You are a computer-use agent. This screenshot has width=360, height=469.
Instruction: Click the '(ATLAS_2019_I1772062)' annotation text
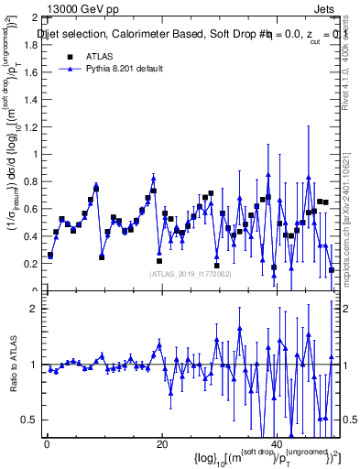coord(191,273)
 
